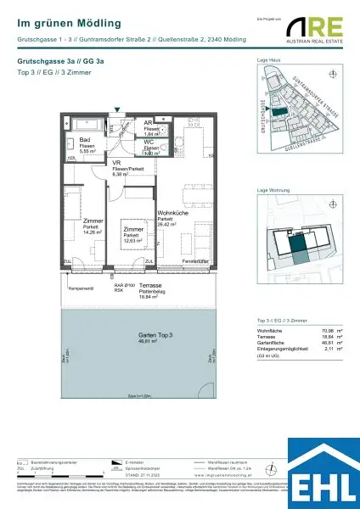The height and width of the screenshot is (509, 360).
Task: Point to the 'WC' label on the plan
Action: pos(148,142)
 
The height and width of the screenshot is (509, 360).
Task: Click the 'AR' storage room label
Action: pos(148,123)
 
